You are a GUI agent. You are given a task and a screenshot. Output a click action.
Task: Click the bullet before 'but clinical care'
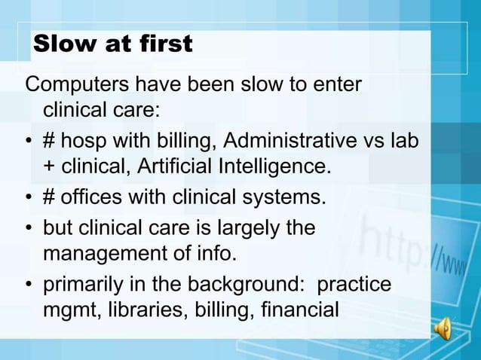pos(28,229)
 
